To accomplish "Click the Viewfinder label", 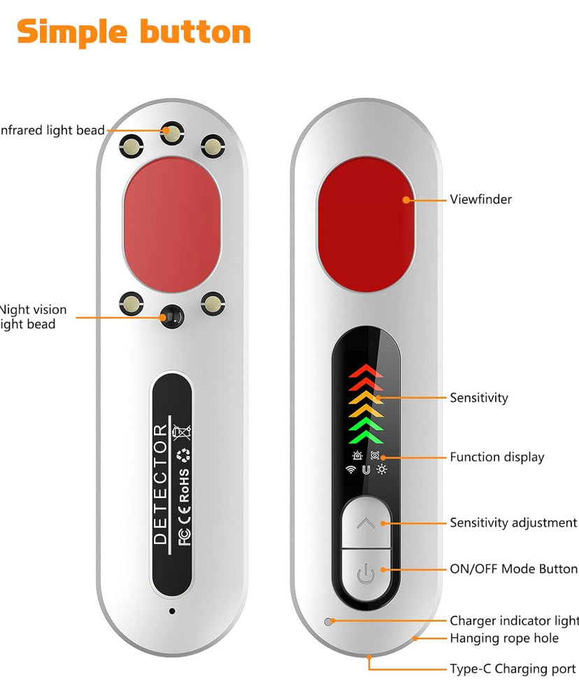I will tap(480, 199).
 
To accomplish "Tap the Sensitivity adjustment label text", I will tap(513, 522).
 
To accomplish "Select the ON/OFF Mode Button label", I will tap(513, 569).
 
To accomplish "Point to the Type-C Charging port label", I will tap(513, 669).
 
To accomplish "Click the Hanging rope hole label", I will tap(503, 638).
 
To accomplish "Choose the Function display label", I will tap(496, 457).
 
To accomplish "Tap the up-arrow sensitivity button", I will tap(366, 522).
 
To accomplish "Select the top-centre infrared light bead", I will tap(171, 131).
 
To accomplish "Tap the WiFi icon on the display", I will tap(350, 469).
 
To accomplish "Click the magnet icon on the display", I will tap(366, 469).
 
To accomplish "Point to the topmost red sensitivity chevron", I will tap(366, 370).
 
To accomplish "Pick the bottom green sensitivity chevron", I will tap(366, 439).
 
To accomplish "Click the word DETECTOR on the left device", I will tap(161, 484).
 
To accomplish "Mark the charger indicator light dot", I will tap(327, 621).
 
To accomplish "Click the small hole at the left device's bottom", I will tap(172, 611).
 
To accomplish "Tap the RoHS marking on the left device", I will tap(185, 485).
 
